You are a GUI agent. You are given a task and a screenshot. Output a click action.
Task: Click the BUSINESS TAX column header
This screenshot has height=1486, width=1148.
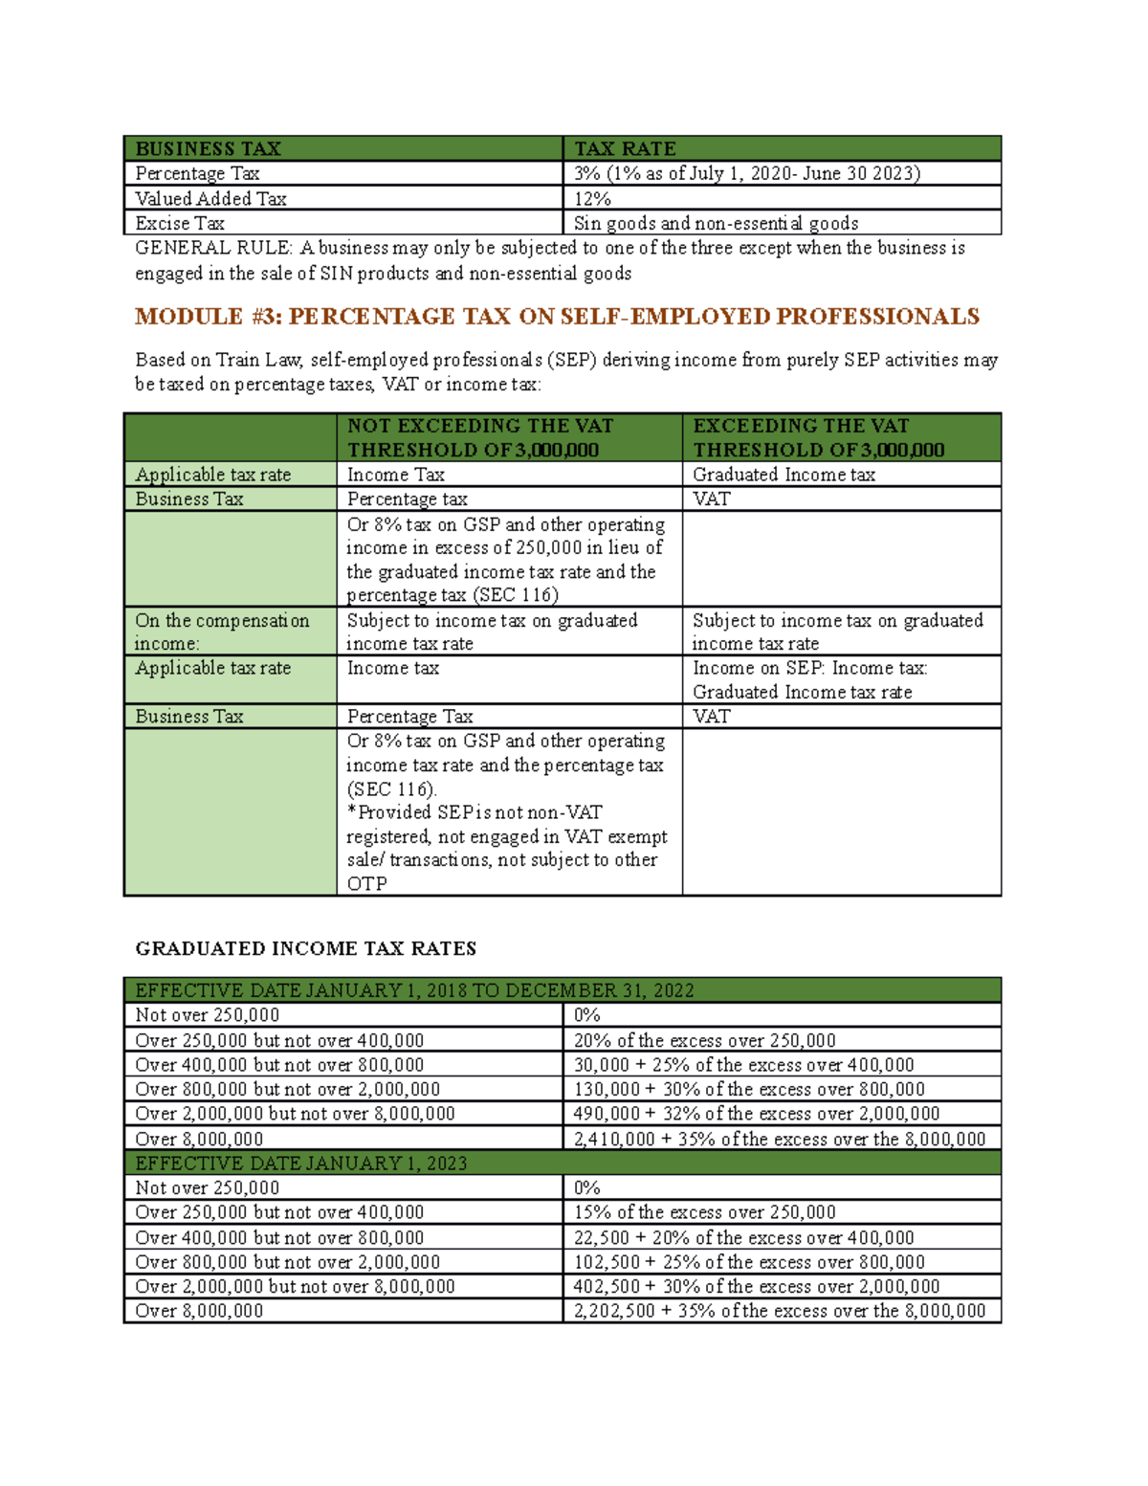click(208, 148)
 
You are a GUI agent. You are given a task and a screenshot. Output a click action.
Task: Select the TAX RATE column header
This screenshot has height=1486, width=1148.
click(625, 148)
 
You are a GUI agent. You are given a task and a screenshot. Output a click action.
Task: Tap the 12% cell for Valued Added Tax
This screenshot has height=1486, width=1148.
click(592, 198)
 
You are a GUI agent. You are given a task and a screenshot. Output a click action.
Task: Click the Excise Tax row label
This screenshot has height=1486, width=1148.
click(180, 223)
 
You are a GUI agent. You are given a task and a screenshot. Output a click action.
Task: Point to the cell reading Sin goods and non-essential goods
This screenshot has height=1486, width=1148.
click(716, 223)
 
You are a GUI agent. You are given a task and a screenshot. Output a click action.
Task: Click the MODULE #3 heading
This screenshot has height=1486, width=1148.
click(557, 317)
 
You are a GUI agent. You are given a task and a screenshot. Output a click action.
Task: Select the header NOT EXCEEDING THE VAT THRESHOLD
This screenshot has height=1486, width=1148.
click(480, 437)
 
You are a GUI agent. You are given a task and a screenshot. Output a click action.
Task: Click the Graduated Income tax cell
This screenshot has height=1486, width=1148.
click(784, 475)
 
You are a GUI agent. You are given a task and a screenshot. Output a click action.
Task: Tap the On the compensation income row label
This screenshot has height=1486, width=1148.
click(222, 632)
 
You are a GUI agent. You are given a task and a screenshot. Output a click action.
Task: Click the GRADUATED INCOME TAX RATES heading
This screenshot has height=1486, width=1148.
click(305, 948)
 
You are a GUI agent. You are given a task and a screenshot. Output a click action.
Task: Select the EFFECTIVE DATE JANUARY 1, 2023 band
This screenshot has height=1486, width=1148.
click(301, 1164)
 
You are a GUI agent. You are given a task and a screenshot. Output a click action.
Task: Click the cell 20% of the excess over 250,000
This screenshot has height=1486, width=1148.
click(704, 1040)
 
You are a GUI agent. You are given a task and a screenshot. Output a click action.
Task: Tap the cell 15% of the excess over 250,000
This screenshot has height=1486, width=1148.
click(704, 1212)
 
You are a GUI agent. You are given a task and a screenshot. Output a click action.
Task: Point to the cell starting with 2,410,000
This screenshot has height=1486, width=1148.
click(779, 1139)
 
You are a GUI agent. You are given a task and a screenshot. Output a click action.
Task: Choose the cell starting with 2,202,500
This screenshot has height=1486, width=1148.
click(779, 1311)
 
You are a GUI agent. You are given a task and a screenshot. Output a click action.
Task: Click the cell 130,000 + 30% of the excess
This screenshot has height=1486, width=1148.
click(749, 1089)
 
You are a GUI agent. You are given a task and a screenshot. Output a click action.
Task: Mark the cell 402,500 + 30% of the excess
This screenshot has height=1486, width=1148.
click(756, 1286)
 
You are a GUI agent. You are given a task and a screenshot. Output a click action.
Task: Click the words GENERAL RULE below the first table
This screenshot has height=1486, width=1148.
click(212, 248)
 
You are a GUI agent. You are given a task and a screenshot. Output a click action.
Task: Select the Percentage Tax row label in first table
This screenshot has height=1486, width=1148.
click(197, 173)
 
